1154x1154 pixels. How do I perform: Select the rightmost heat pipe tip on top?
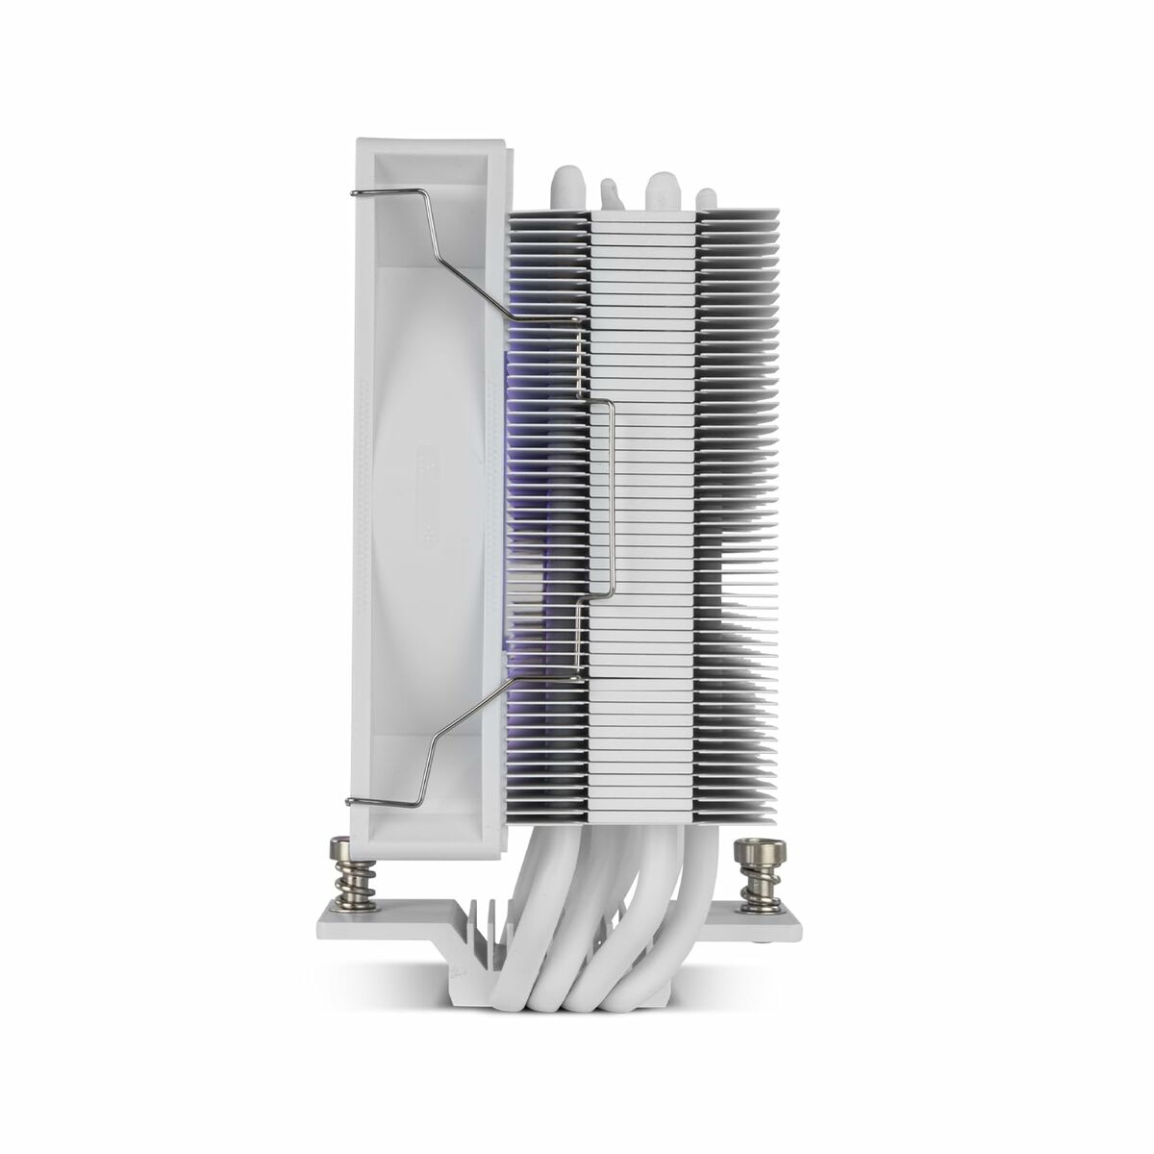point(705,191)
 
